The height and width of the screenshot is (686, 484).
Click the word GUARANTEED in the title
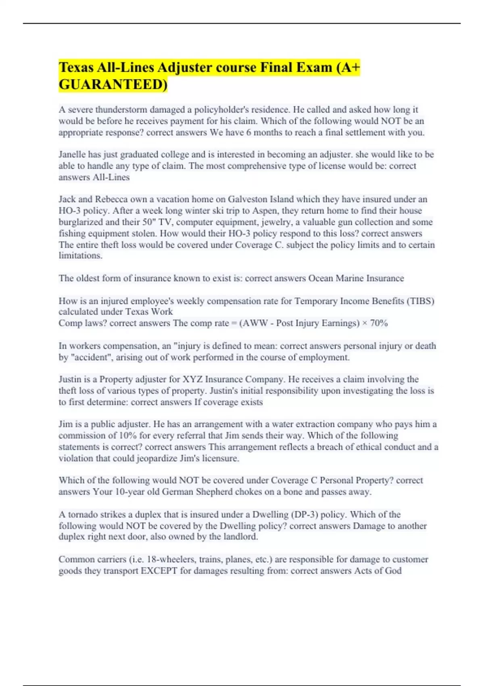point(113,85)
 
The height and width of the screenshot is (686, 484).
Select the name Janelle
point(72,155)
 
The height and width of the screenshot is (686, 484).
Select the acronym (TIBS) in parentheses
point(420,301)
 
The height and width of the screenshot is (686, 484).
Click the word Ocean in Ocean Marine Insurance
point(321,278)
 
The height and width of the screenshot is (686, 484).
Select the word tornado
point(83,514)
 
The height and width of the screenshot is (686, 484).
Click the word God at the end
point(394,571)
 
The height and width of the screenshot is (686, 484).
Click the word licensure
point(220,458)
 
